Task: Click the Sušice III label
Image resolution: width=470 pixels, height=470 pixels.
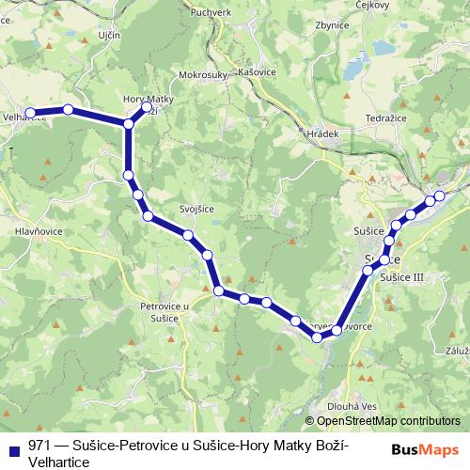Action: [403, 277]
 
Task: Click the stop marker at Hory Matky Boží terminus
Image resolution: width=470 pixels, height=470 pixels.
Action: [146, 108]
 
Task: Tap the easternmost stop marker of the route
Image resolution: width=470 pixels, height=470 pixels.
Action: [438, 196]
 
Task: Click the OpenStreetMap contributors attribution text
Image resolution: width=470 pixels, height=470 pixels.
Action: [388, 421]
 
